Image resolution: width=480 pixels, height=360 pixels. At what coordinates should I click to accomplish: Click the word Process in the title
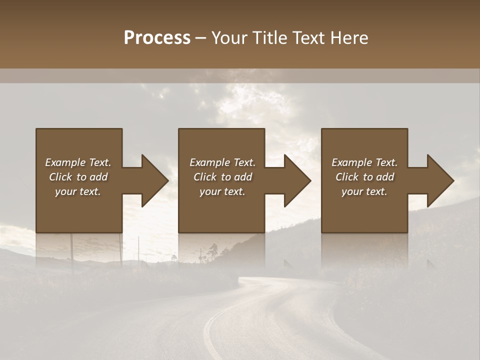pos(157,38)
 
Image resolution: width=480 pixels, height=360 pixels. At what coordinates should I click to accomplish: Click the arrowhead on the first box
pos(154,180)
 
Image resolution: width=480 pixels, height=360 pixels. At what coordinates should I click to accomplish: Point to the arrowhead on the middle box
pos(297,180)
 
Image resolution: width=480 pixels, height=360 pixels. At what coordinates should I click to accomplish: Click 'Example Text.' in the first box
pos(78,162)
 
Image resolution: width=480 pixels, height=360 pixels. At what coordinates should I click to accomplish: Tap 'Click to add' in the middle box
pos(222,177)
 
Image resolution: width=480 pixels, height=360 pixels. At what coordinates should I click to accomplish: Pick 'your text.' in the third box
pos(364,191)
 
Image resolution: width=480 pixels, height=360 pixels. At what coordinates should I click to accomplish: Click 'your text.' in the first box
pos(78,191)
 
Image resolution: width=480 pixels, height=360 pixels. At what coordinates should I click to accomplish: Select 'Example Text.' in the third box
pos(364,162)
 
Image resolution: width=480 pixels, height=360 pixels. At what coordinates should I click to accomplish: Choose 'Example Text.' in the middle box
pos(222,162)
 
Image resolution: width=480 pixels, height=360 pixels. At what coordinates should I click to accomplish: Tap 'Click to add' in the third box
pos(364,177)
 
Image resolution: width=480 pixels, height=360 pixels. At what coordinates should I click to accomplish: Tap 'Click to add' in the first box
pos(78,177)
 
